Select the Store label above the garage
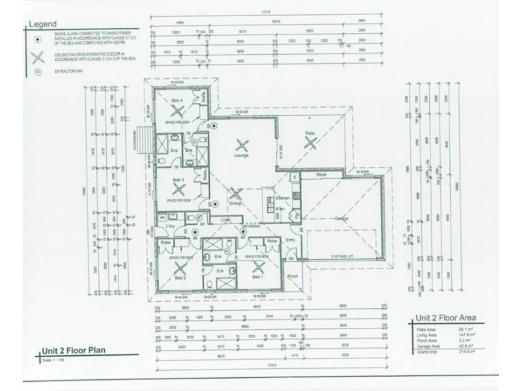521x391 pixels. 320,175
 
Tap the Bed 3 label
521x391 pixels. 178,179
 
